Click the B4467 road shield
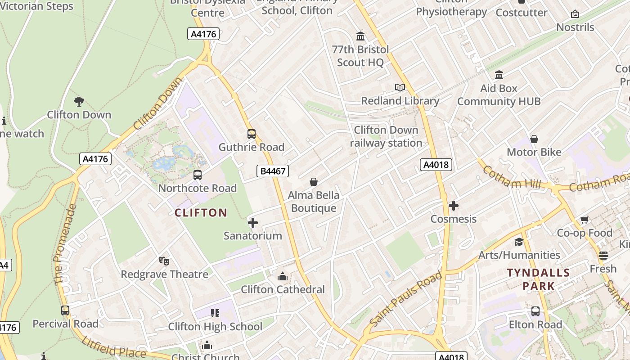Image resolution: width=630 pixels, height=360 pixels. pyautogui.click(x=273, y=171)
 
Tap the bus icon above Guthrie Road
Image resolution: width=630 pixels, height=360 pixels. pyautogui.click(x=252, y=134)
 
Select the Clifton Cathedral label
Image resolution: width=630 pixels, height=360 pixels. pyautogui.click(x=283, y=289)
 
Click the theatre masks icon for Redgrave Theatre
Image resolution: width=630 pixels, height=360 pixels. pyautogui.click(x=164, y=261)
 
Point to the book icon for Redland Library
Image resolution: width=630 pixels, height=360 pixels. pyautogui.click(x=400, y=87)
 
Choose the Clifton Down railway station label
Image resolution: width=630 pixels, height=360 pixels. pyautogui.click(x=386, y=136)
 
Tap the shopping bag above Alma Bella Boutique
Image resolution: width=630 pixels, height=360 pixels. pyautogui.click(x=314, y=182)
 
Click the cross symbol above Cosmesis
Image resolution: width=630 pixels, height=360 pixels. pyautogui.click(x=454, y=206)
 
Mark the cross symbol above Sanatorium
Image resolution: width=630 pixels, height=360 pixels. pyautogui.click(x=253, y=222)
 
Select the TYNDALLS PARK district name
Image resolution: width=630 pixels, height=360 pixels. pyautogui.click(x=538, y=279)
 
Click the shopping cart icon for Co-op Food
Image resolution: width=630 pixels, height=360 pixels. pyautogui.click(x=584, y=220)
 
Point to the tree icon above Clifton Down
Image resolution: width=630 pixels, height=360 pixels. pyautogui.click(x=79, y=101)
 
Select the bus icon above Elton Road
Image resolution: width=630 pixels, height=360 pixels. pyautogui.click(x=535, y=311)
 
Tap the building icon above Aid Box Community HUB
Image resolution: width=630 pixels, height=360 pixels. pyautogui.click(x=499, y=75)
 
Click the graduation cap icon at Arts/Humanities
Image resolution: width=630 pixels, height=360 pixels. pyautogui.click(x=519, y=242)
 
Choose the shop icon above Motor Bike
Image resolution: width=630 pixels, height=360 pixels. pyautogui.click(x=534, y=139)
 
